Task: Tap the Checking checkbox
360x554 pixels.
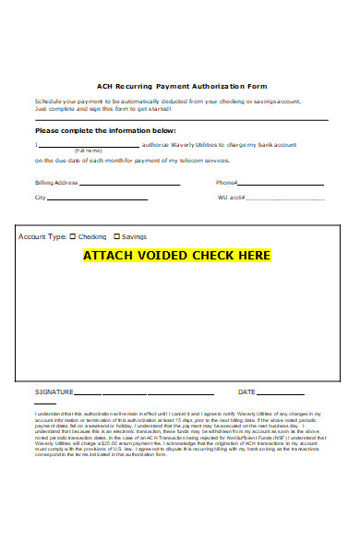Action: (74, 236)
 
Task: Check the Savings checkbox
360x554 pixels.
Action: (117, 236)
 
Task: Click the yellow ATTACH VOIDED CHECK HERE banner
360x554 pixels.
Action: (176, 255)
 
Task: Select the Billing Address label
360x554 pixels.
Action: (55, 183)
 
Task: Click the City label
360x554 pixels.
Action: (40, 198)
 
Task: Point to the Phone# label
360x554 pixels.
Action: (227, 183)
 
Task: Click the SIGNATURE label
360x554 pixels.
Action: (54, 391)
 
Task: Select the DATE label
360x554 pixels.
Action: (246, 391)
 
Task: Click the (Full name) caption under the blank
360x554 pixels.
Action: (89, 150)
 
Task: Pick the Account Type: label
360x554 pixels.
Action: (42, 236)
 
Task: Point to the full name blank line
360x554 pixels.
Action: (89, 145)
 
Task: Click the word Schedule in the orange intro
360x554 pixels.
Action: (47, 100)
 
